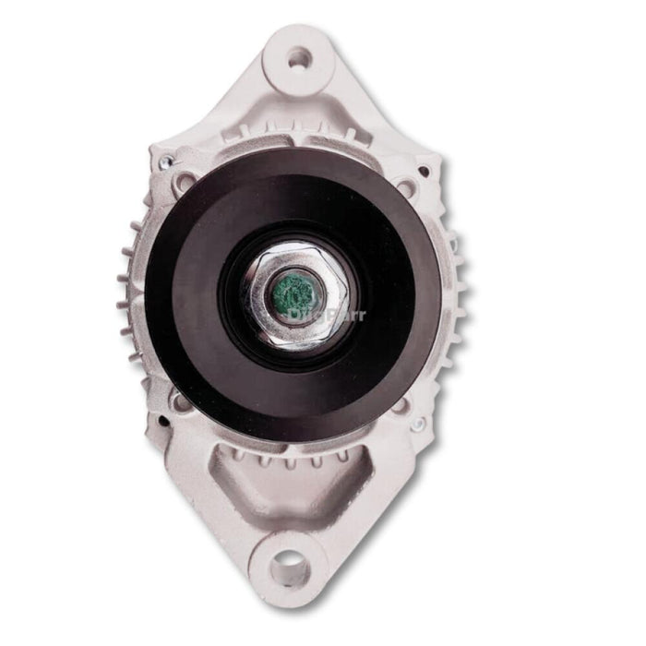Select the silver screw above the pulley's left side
point(164,163)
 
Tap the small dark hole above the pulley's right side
point(425,171)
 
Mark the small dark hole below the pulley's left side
point(162,421)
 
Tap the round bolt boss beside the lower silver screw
point(399,406)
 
